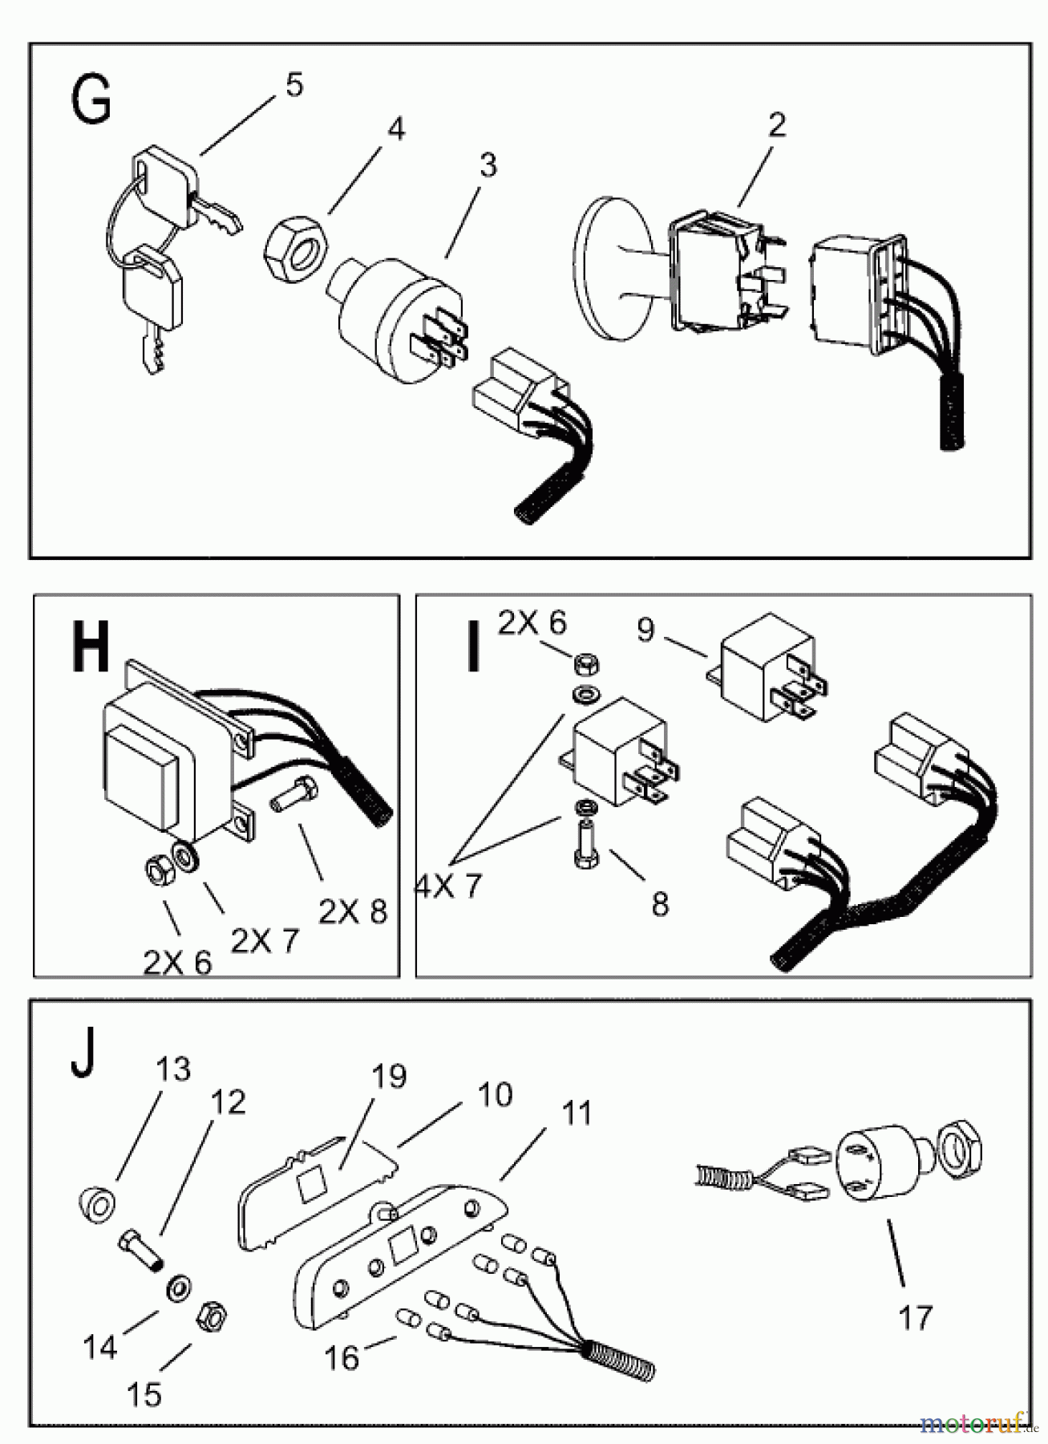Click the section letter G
(91, 103)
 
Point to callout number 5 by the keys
(294, 85)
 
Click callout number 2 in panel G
(776, 125)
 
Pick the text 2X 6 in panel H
(177, 960)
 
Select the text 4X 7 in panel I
(449, 886)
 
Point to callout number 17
(915, 1317)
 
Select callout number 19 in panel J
(389, 1076)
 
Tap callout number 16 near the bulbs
(341, 1357)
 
